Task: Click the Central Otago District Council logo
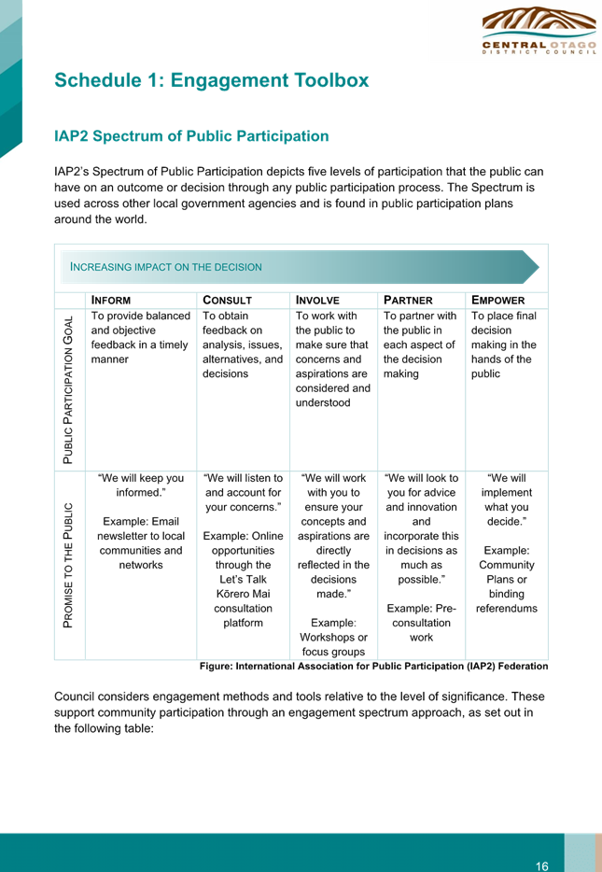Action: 539,30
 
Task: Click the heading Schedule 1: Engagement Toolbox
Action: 211,80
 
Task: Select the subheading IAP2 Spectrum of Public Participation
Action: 191,136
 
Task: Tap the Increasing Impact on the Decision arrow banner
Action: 301,267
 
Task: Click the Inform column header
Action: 111,301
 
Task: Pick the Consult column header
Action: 228,301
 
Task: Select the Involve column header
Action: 317,301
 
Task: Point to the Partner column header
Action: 408,301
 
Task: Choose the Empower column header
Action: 498,301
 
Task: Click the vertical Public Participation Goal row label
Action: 68,390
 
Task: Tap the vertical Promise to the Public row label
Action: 68,566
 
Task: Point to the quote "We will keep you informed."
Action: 141,485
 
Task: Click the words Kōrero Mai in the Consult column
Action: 243,594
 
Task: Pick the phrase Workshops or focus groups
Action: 333,644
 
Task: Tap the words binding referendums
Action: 507,601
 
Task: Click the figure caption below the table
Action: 374,667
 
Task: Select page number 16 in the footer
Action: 542,865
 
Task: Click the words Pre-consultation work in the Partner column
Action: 421,623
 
